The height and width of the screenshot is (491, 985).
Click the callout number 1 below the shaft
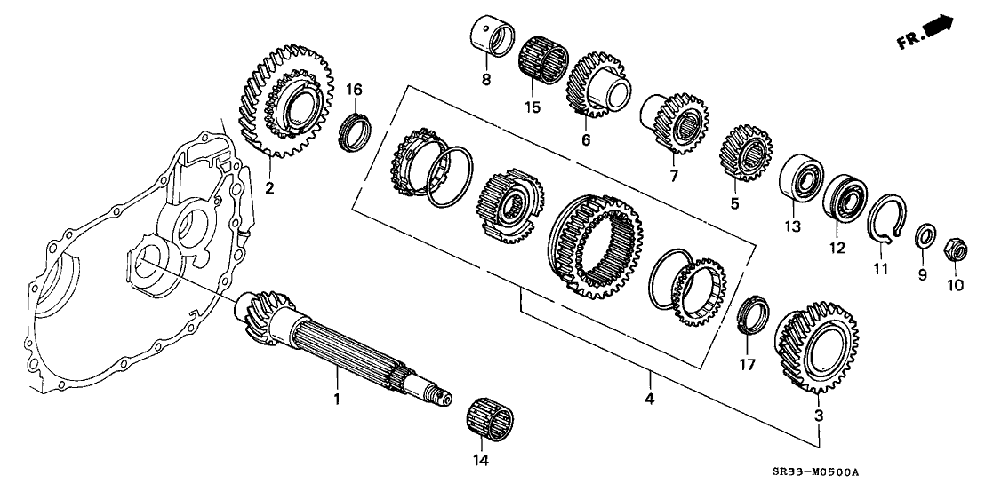click(x=337, y=400)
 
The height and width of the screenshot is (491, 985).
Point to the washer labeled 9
click(x=923, y=236)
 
